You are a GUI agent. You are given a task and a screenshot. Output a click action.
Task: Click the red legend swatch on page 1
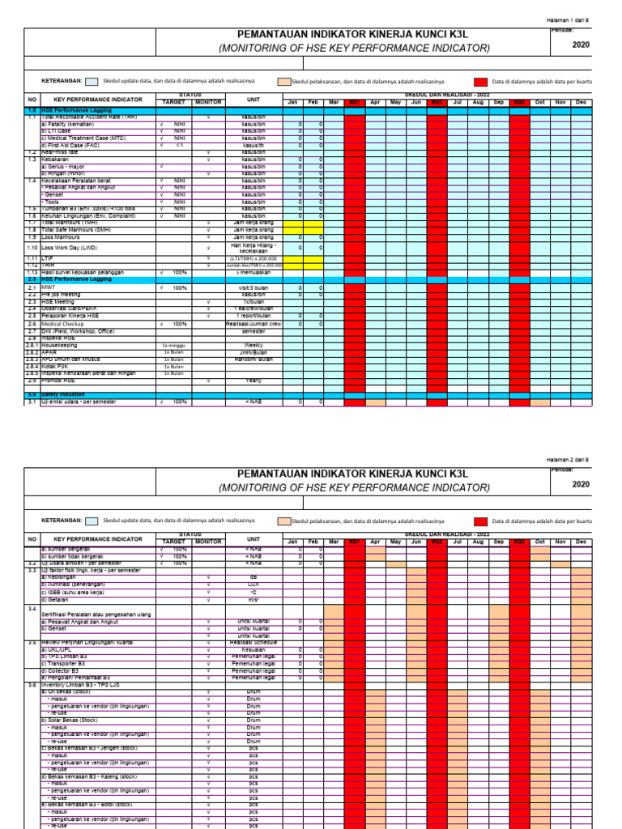tap(481, 82)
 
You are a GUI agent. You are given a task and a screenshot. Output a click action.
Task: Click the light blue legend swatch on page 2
tap(93, 521)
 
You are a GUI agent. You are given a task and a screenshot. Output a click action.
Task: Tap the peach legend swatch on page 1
tap(283, 82)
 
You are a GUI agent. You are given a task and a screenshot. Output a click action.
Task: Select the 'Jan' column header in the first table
tap(292, 102)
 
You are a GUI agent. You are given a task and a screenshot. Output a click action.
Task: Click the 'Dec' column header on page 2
tap(581, 542)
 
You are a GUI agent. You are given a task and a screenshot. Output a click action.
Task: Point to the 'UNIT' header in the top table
tap(253, 100)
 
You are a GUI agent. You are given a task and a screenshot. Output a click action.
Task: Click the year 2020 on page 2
tap(581, 484)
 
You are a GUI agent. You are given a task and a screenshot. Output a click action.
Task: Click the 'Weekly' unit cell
tap(253, 345)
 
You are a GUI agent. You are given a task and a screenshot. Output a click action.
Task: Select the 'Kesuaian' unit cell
tap(253, 650)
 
